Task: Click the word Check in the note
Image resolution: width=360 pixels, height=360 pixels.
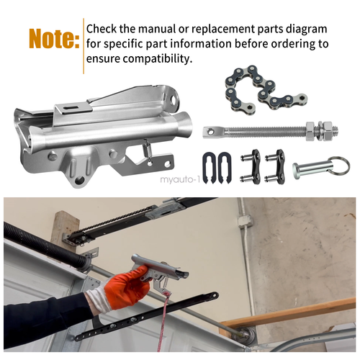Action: point(104,29)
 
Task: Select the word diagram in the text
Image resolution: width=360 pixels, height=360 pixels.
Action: point(305,29)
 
